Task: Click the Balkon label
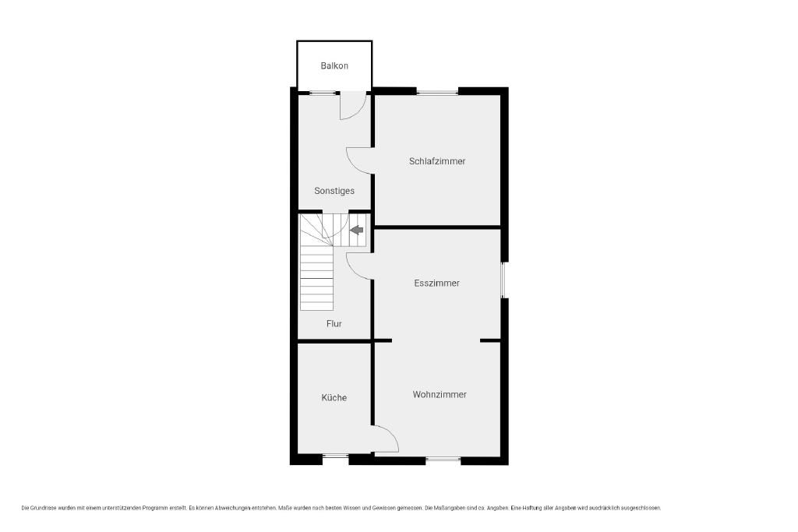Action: point(334,65)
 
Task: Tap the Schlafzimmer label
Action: point(437,161)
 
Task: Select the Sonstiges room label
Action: point(334,191)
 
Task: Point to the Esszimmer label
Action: point(436,284)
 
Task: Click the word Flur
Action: point(334,323)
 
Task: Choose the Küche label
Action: point(334,398)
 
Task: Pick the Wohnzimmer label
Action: point(440,395)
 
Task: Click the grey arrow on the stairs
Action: point(357,230)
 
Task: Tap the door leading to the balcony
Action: point(353,105)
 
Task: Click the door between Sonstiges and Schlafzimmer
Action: point(360,160)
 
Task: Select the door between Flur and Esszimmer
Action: point(360,266)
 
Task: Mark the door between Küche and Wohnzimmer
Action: point(386,439)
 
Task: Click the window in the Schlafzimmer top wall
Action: point(437,93)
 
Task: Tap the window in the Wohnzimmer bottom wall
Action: point(443,460)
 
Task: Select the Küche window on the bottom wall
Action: point(335,456)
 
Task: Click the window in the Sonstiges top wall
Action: point(323,93)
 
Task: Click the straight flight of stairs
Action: point(316,278)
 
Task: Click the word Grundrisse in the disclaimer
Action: point(44,508)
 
